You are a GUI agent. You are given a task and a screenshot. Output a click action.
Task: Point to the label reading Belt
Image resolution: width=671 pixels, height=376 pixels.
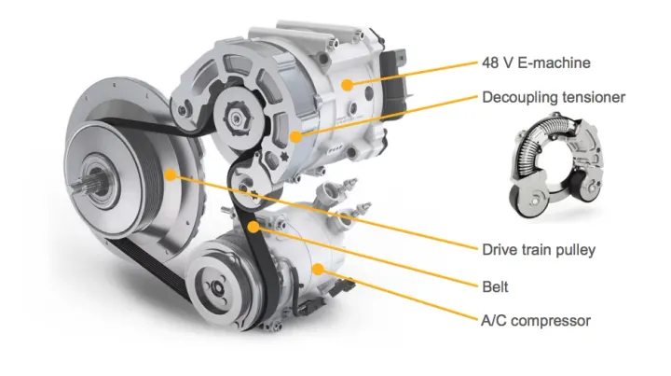[496, 285]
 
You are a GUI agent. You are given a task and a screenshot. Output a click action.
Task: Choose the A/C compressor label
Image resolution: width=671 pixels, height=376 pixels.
[536, 321]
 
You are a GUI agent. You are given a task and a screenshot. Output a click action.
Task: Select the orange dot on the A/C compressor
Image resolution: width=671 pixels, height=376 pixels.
[320, 269]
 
